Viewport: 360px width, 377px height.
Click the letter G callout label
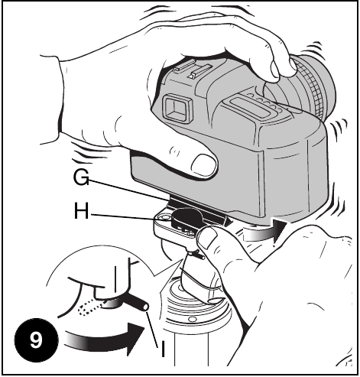(x=81, y=177)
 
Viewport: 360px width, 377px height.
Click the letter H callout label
(x=81, y=211)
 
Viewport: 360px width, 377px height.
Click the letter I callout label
(x=163, y=349)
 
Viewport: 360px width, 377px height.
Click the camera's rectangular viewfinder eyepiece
(x=177, y=109)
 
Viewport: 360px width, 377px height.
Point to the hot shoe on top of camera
(x=193, y=70)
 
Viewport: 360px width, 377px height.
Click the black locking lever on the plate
(x=186, y=217)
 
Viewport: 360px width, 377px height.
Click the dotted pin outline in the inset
(x=90, y=307)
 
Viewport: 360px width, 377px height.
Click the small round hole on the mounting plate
(x=164, y=217)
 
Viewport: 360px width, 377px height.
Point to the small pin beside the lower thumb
(x=199, y=255)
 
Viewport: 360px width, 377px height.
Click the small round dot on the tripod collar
(x=192, y=319)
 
